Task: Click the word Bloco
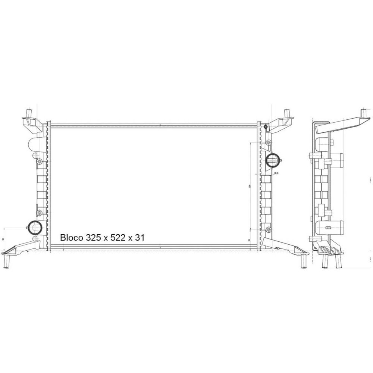click(x=72, y=238)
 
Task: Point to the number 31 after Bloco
click(x=140, y=238)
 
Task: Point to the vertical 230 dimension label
click(x=248, y=186)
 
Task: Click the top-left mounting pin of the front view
click(x=29, y=113)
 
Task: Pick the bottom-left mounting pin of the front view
click(x=6, y=262)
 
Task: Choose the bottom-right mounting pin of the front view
click(x=304, y=262)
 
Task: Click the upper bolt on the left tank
click(x=40, y=162)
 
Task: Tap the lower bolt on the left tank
click(x=40, y=213)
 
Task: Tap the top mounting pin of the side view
click(x=363, y=113)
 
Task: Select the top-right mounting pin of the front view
click(x=287, y=113)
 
